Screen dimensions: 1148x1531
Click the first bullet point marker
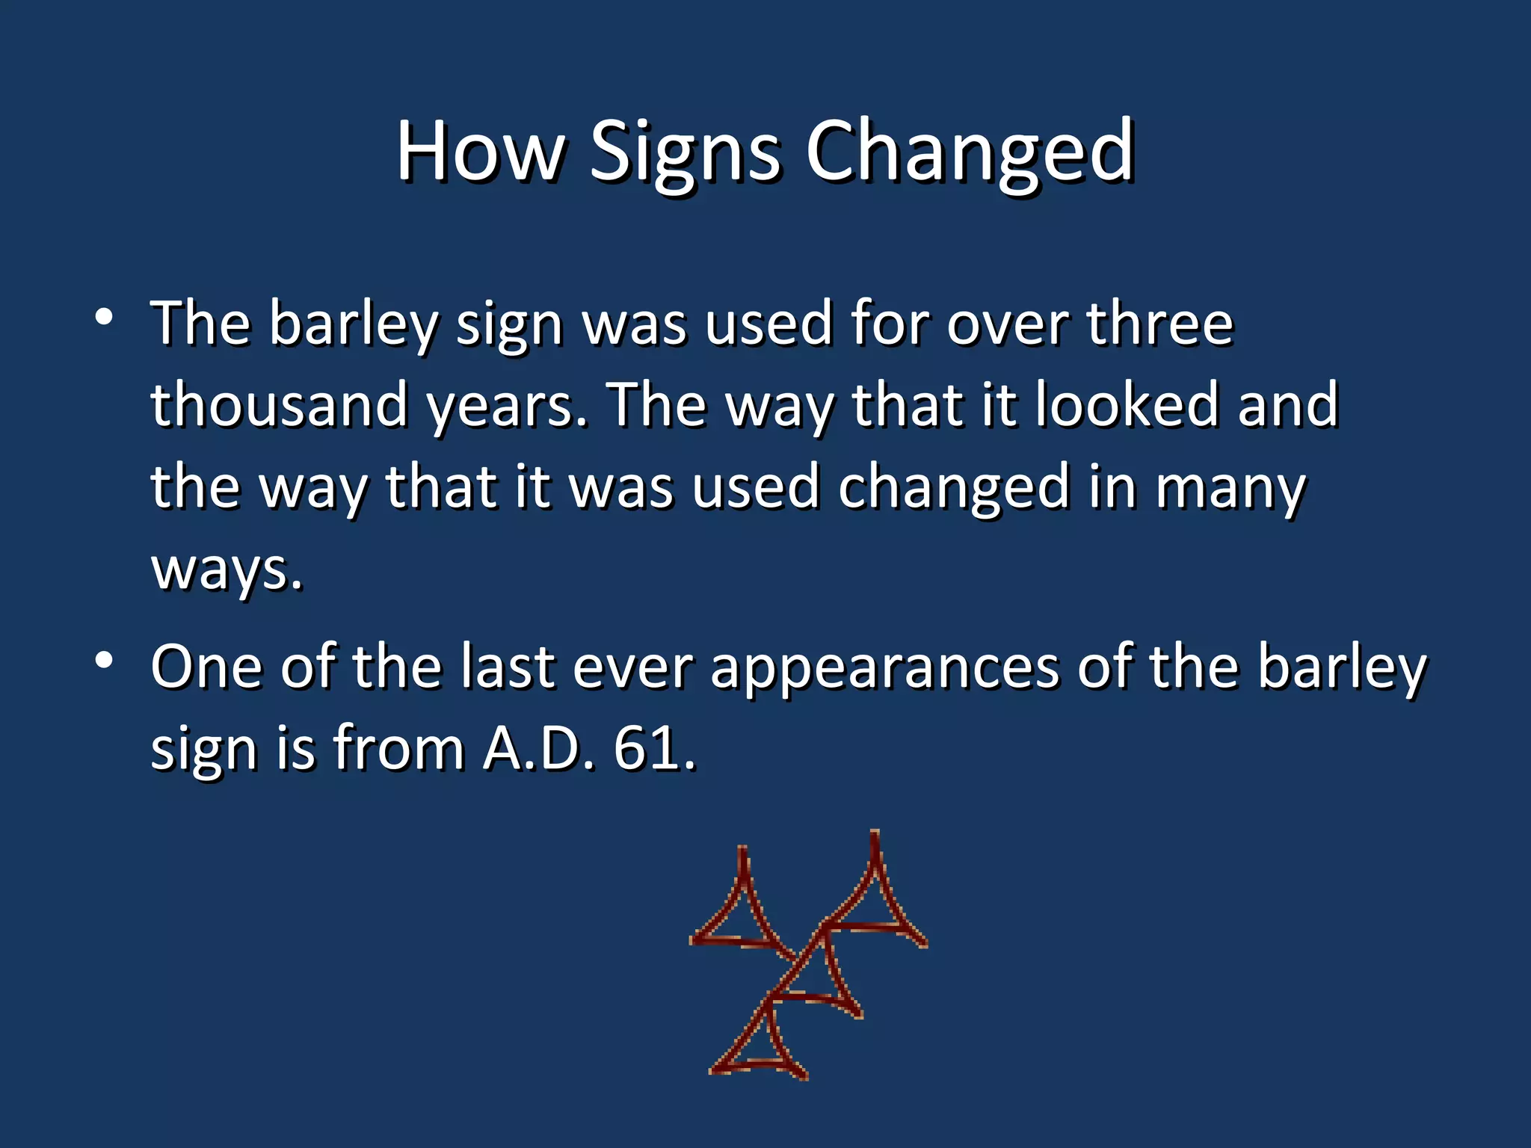click(104, 318)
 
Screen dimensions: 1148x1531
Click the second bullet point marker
click(104, 660)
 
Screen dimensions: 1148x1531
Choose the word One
click(206, 666)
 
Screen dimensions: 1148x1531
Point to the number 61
click(653, 748)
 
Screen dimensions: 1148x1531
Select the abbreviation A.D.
click(538, 748)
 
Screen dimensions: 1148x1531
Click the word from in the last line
click(398, 748)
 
